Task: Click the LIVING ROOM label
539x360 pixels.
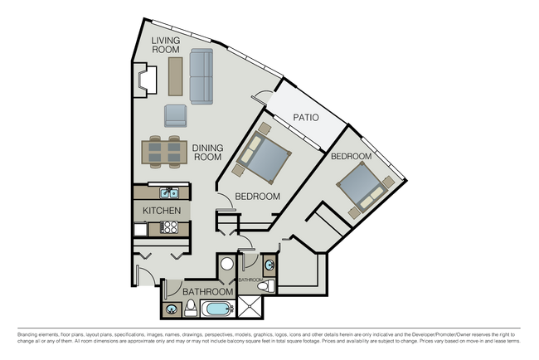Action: pyautogui.click(x=167, y=45)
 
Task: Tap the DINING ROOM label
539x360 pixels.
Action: pyautogui.click(x=207, y=153)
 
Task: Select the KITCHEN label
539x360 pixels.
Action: pyautogui.click(x=162, y=211)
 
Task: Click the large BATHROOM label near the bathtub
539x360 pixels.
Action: pyautogui.click(x=207, y=292)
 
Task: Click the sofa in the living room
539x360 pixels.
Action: pyautogui.click(x=202, y=76)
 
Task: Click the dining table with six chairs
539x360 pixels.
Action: pyautogui.click(x=163, y=150)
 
